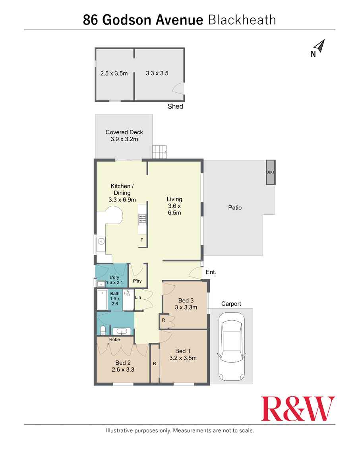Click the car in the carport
point(231,346)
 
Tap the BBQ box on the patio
point(270,172)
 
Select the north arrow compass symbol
point(319,48)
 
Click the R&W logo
point(298,409)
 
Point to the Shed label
point(175,107)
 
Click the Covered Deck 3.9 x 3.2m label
point(124,136)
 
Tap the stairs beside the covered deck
point(159,151)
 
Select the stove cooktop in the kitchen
point(142,218)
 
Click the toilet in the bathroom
point(103,330)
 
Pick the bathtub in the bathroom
point(102,300)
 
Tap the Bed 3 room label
point(186,300)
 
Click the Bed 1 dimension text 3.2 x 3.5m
point(186,358)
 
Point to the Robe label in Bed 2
point(114,340)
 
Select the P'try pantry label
point(137,281)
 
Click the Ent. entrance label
point(211,273)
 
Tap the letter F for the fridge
point(141,240)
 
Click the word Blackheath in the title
point(242,20)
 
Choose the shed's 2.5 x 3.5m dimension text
point(114,73)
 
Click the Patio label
point(235,207)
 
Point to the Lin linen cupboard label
point(138,297)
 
